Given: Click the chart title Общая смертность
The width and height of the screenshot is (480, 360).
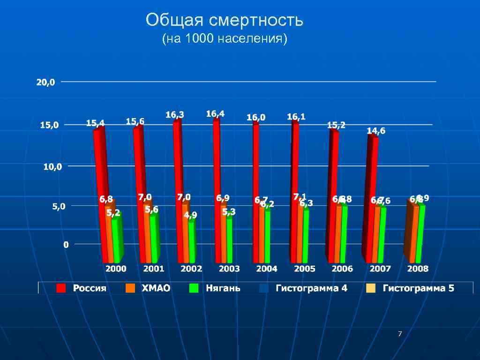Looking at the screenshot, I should tap(225, 21).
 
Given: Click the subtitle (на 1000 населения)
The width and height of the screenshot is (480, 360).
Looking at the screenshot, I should tap(224, 39).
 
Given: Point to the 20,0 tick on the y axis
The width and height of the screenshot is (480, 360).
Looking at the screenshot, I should tap(46, 82).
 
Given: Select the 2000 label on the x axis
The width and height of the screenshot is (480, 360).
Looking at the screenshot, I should tap(115, 269).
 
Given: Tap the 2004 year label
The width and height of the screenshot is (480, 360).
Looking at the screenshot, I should tap(266, 269).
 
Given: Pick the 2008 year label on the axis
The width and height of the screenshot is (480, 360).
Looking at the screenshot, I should tap(417, 269).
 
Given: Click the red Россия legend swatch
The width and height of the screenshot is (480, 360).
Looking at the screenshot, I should tap(61, 288).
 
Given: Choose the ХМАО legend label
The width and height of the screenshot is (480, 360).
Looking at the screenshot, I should tap(156, 288).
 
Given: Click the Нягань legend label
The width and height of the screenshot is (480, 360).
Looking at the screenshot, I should tap(223, 288).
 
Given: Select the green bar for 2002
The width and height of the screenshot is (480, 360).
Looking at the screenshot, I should tap(191, 241).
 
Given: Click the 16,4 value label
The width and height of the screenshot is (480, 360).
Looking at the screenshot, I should tap(215, 114).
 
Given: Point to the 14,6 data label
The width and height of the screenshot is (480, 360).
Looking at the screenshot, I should tap(376, 131).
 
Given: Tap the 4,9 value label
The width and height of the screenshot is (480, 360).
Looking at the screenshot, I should tap(190, 215).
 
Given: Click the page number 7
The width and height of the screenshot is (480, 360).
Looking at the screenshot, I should tap(399, 334).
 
